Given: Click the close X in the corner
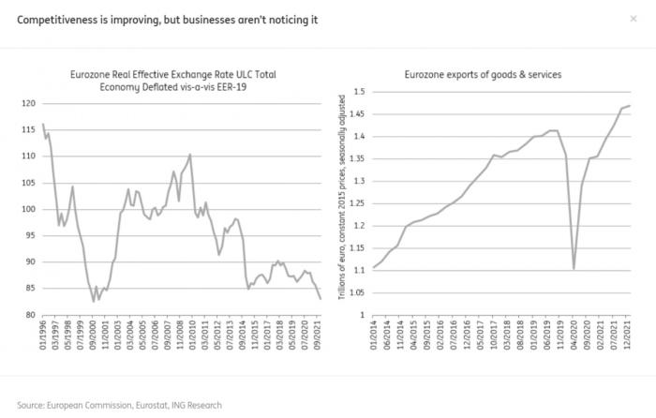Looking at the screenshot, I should click(x=633, y=18).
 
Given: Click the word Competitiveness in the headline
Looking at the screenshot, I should click(x=56, y=20).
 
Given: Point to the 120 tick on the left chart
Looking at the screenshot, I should click(x=27, y=102).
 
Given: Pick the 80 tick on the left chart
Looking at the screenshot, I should click(x=29, y=315).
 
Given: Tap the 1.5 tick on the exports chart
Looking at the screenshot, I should click(x=356, y=92).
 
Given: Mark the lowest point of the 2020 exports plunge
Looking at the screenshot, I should click(x=574, y=269).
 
